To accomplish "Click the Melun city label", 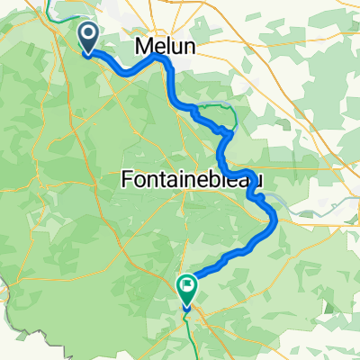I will tap(162, 46).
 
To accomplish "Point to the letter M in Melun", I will tap(143, 46).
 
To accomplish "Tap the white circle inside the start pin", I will tap(91, 34).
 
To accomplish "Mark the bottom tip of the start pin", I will tap(91, 53).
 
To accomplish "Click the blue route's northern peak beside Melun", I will tap(162, 57).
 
